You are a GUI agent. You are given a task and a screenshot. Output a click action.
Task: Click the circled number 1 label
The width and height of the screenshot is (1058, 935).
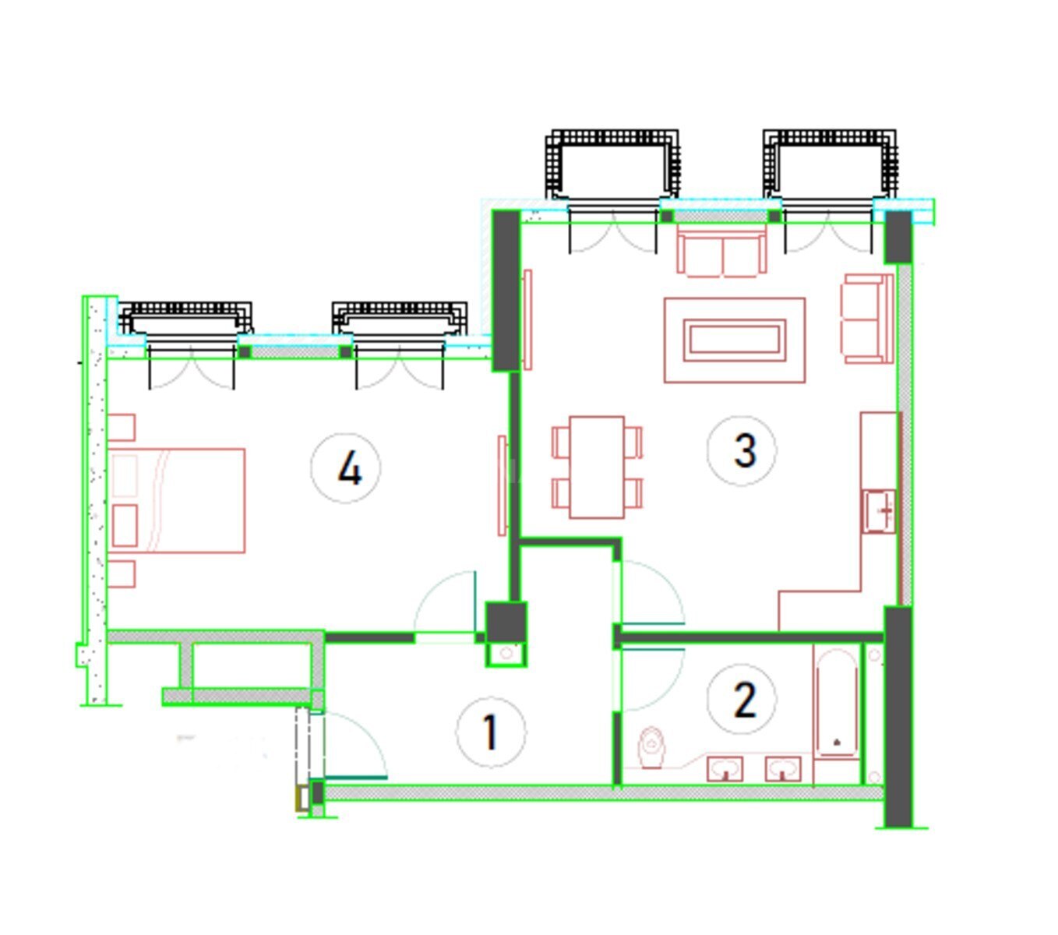point(490,732)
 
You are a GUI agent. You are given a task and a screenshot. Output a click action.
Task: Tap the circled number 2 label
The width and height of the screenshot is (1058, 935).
point(742,699)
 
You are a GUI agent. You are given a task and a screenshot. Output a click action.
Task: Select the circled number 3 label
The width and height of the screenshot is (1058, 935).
point(742,450)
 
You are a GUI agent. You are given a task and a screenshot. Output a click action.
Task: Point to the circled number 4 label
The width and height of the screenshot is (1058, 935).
point(346,467)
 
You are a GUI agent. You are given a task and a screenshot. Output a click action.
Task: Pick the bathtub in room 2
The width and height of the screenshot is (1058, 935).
point(837,703)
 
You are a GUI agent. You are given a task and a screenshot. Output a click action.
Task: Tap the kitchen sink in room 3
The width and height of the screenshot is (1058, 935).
point(880,511)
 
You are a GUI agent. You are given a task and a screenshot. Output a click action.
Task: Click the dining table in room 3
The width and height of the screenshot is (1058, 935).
point(597,467)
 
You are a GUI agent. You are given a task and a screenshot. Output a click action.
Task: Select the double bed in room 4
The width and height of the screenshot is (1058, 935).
point(176,500)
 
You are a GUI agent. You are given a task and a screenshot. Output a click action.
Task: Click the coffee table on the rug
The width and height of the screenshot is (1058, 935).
point(734,340)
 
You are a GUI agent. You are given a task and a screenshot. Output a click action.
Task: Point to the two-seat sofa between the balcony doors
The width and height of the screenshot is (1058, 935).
point(721,254)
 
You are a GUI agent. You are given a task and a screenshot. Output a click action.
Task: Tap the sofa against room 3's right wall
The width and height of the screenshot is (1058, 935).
point(867,319)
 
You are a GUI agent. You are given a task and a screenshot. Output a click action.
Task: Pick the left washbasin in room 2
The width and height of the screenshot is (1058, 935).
point(725,768)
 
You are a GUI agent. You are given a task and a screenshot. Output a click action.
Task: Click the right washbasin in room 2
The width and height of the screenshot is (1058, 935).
point(783,768)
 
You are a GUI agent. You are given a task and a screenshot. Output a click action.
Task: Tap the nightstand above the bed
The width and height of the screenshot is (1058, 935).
point(122,427)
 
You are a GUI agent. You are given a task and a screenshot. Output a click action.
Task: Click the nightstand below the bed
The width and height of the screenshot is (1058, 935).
point(122,574)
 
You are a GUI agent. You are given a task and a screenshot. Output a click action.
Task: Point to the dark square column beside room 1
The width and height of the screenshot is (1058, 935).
point(506,622)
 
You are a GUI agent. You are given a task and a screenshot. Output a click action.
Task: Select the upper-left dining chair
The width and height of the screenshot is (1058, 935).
point(562,442)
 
